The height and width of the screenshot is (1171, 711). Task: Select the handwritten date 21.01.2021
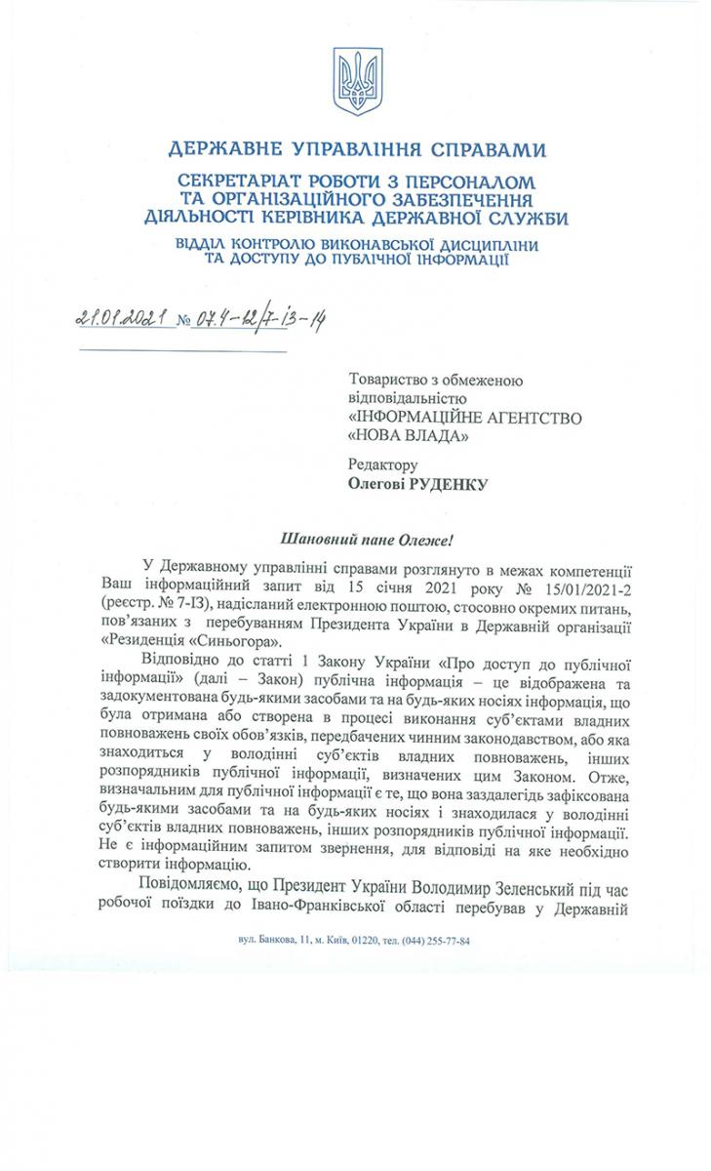pos(121,318)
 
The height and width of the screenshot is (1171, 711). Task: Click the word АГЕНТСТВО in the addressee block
pos(529,417)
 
